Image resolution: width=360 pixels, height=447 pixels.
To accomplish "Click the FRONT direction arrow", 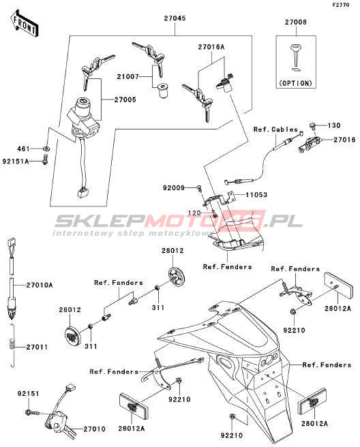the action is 25,24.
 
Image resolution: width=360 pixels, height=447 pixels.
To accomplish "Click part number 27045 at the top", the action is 175,18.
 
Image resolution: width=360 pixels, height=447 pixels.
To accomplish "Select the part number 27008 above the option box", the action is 295,22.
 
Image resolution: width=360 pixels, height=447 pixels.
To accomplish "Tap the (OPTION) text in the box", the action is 295,83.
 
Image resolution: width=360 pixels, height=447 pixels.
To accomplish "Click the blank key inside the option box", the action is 297,56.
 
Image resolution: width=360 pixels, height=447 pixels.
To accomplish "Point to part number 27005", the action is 125,99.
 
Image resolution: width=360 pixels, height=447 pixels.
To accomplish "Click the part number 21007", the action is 127,77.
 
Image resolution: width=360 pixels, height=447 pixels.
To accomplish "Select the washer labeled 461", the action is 46,149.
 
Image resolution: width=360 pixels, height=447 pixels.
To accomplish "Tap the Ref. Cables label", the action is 275,129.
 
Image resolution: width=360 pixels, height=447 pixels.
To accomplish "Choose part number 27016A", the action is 211,47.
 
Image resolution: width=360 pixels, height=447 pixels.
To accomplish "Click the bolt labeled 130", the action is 312,125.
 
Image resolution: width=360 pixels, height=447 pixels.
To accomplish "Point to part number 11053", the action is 256,195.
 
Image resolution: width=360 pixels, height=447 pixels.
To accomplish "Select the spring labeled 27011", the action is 11,345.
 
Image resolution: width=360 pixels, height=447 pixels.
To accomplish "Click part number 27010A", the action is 40,285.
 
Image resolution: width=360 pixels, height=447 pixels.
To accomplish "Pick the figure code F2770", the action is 341,5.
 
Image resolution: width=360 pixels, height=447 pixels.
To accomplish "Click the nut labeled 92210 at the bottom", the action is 232,417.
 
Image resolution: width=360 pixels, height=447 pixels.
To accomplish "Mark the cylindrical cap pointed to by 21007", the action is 162,91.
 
